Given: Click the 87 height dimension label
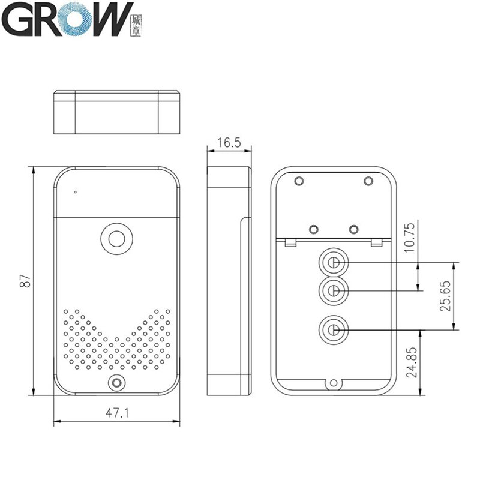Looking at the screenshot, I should coord(25,280).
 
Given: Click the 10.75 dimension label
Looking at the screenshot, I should coord(410,238).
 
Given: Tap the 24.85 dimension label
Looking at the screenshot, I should coord(410,362).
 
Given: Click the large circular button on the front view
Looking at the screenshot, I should coord(116,237).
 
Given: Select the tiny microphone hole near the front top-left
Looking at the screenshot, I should coord(75,193).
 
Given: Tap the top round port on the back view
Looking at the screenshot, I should coord(332,263).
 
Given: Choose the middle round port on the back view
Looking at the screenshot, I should coord(332,291).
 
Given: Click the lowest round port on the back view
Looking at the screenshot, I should coord(332,329).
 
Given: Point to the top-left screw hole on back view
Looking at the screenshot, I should coord(298,180).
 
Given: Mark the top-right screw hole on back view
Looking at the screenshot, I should coord(368,180).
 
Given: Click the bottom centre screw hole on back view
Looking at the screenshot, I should coord(333,382).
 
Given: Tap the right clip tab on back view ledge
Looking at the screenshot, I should coord(376,242).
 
